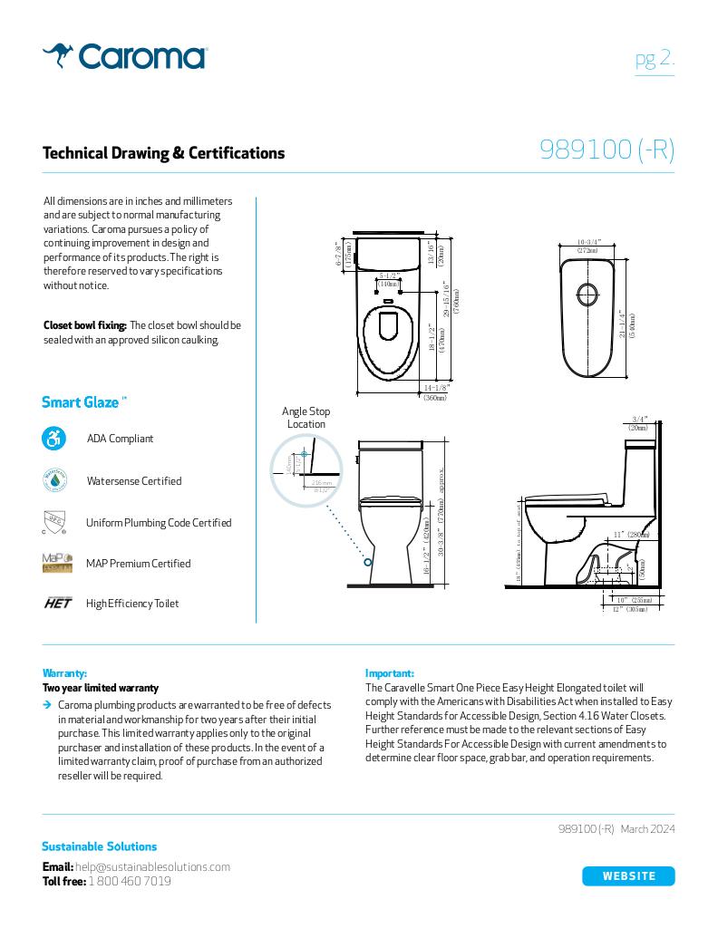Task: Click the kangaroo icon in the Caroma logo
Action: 59,55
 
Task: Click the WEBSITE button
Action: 628,875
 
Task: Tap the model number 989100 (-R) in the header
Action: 606,150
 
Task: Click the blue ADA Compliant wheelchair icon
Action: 54,439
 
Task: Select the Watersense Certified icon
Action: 54,480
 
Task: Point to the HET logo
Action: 57,604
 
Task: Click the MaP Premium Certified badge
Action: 56,563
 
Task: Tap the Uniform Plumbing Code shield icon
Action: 54,522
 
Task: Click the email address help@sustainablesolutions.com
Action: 152,866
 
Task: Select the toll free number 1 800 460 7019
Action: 130,881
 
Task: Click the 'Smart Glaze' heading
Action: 81,402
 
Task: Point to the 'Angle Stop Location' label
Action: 306,418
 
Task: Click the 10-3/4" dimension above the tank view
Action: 588,243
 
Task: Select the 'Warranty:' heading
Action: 64,673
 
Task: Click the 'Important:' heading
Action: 389,673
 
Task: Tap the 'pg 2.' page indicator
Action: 654,59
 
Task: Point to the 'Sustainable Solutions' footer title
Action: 99,846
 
